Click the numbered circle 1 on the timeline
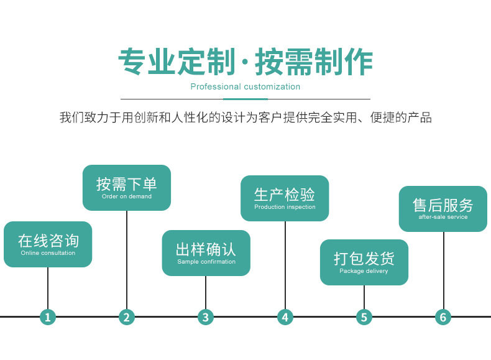(x=48, y=317)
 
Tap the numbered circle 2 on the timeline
(x=127, y=317)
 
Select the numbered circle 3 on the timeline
(x=206, y=317)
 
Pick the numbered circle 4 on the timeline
(x=285, y=317)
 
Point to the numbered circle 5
(x=364, y=317)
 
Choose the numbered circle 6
(x=443, y=317)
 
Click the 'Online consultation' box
(x=48, y=244)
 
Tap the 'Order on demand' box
(x=127, y=188)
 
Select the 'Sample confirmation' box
(x=206, y=253)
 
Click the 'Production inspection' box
(x=285, y=198)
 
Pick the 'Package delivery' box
(x=364, y=262)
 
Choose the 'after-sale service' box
(x=443, y=209)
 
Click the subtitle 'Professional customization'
(x=245, y=86)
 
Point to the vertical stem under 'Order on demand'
(x=127, y=260)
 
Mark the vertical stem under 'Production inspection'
(x=285, y=265)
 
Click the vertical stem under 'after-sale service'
(x=443, y=270)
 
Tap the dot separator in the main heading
(x=245, y=62)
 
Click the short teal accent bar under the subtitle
(x=245, y=99)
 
